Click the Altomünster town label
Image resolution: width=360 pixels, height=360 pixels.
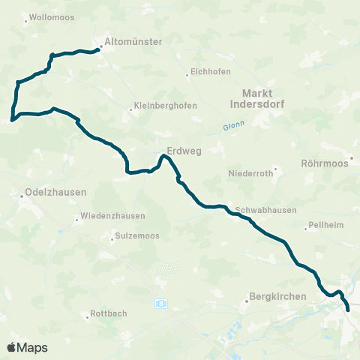[134, 43]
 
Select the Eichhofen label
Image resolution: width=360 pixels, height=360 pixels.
[209, 74]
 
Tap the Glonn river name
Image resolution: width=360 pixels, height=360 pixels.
[234, 127]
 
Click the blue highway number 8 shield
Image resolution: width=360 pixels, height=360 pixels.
[161, 302]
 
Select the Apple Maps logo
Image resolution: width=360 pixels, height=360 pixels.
[27, 347]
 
